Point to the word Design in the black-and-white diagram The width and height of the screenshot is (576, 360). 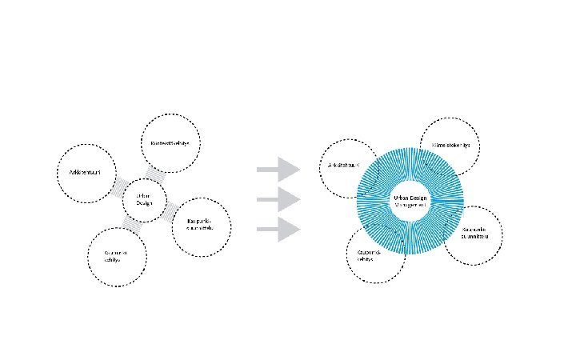[x=144, y=202]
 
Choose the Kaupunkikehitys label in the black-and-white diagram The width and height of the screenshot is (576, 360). [x=116, y=256]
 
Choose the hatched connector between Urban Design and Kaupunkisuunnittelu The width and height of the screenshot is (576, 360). [x=170, y=210]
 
